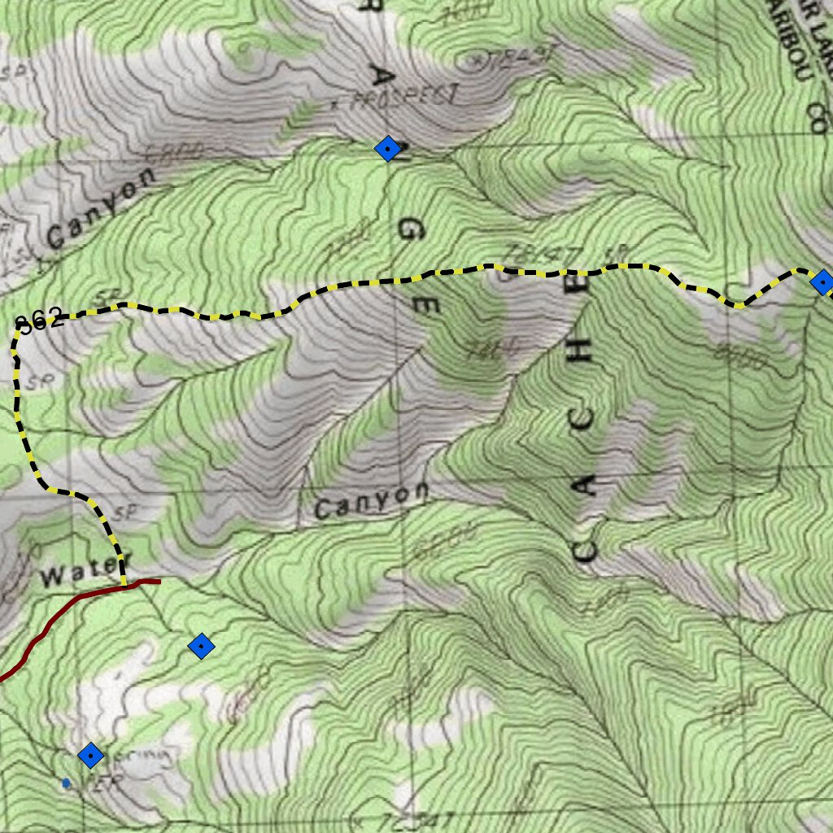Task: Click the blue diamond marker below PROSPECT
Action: (x=388, y=148)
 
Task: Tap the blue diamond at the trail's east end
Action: (x=822, y=282)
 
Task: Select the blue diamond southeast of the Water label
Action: (x=200, y=647)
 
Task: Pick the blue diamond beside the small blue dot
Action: (x=91, y=756)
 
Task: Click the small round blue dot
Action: (x=66, y=783)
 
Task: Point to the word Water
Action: (x=75, y=576)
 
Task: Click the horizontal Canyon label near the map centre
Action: (x=371, y=501)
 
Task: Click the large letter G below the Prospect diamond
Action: (x=410, y=231)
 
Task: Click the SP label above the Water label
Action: (x=124, y=512)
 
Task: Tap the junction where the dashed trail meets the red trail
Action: (x=124, y=584)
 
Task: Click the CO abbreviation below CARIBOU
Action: (x=818, y=118)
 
